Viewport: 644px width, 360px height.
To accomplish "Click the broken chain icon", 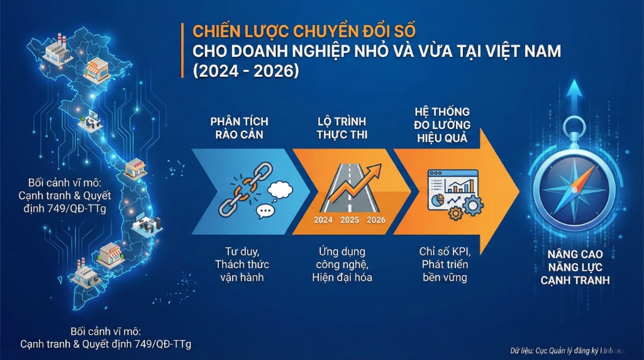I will (237, 193).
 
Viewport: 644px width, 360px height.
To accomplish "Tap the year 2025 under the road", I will (350, 220).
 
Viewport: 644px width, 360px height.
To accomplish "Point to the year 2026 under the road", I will (376, 220).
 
